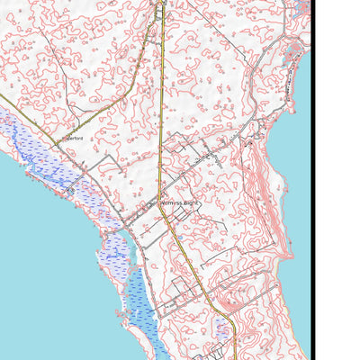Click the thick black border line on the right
[x=312, y=180]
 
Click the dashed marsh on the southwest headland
[x=115, y=256]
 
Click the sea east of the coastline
[x=292, y=162]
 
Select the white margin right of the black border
[x=337, y=180]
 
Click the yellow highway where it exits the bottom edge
[x=236, y=356]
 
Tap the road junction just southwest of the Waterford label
[x=59, y=144]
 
